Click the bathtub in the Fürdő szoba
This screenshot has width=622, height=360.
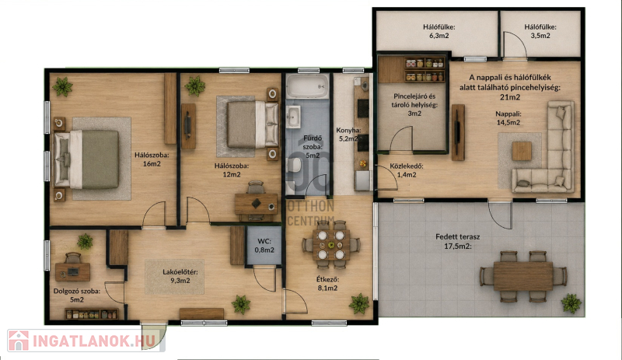point(308,86)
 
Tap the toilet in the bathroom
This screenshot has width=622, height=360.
point(295,165)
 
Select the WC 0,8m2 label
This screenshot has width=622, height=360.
point(264,246)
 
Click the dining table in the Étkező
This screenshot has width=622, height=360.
point(331,244)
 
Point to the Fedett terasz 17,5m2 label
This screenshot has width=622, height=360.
point(458,241)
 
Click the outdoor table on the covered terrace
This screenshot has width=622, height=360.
point(522,276)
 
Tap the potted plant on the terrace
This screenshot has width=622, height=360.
point(571,304)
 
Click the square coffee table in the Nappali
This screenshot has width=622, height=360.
point(521,151)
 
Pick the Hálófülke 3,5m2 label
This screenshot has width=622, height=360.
point(540,31)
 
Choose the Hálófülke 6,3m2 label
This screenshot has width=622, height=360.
point(439,31)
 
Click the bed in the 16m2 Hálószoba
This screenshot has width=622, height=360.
point(86,159)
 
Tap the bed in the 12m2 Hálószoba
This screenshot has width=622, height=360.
point(253,124)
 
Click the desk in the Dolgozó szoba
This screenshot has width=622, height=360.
point(72,272)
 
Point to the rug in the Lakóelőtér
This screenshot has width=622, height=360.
point(174,277)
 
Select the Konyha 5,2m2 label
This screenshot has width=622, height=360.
point(348,135)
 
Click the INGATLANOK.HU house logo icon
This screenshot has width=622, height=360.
point(19,341)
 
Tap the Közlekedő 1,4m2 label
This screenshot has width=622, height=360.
point(406,170)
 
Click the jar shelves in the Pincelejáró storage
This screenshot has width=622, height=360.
point(424,69)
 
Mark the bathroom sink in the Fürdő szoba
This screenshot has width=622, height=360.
point(293,117)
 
